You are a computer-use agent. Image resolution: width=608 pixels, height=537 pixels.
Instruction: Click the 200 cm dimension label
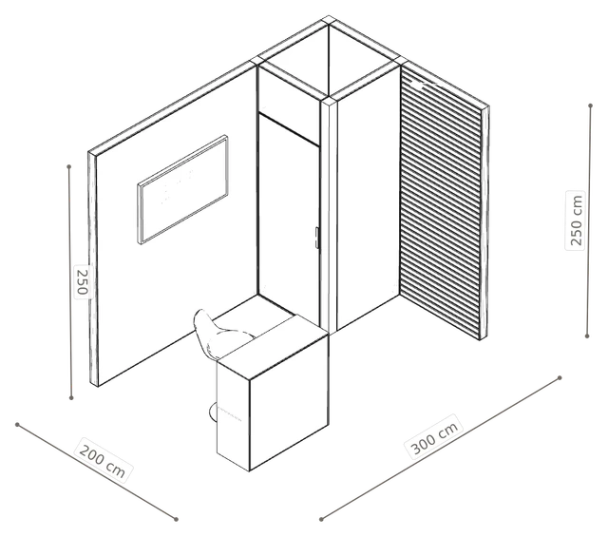pos(103,461)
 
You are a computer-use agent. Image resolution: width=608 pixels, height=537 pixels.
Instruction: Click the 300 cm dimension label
pos(435,436)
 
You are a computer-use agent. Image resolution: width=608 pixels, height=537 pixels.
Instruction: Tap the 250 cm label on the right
pos(576,220)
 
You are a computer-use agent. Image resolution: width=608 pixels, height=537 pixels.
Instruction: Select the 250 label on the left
pos(83,281)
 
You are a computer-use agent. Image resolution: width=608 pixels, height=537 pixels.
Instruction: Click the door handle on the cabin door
pos(316,238)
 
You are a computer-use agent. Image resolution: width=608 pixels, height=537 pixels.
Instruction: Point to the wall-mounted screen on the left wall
pos(182,189)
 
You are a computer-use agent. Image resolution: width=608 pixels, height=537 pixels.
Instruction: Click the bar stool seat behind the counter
pos(219,331)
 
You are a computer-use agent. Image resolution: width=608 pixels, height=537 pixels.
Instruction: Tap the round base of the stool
pos(213,412)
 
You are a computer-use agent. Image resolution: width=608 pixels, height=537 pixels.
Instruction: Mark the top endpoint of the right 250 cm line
pos(591,105)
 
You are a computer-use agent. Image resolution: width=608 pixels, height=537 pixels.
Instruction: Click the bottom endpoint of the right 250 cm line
pos(587,336)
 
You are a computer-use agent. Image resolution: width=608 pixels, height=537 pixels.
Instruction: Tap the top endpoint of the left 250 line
pos(69,167)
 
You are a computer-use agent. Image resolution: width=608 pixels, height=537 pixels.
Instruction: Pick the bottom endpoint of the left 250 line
pos(71,397)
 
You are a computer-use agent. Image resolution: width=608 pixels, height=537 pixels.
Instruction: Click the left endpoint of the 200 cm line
pos(17,425)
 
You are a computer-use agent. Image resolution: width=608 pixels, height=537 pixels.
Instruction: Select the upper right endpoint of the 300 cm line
pos(560,377)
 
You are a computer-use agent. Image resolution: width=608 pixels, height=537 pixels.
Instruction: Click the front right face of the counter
pos(289,404)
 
